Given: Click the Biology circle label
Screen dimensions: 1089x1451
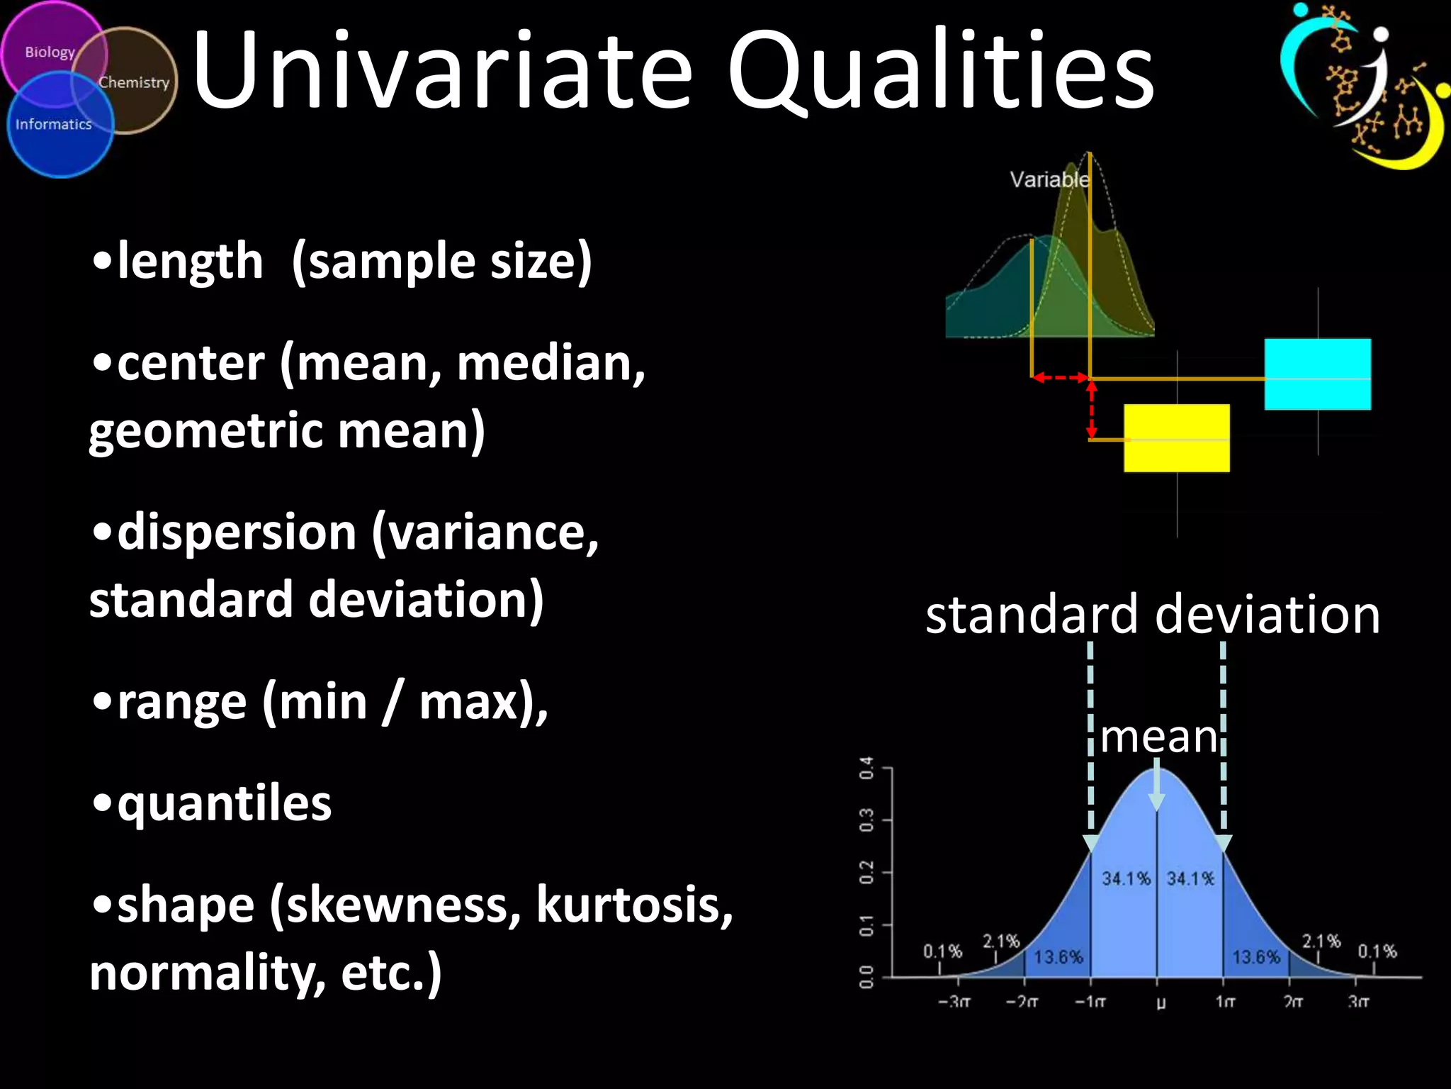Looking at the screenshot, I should (x=50, y=52).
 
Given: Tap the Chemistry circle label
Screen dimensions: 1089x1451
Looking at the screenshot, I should (x=134, y=82).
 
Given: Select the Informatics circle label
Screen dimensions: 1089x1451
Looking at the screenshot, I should (x=54, y=124).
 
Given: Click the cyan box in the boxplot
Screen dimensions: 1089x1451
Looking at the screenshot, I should (x=1317, y=374).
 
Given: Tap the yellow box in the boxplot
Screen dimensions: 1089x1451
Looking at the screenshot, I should (x=1176, y=437).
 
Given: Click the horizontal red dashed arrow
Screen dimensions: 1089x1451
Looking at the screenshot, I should (x=1060, y=378).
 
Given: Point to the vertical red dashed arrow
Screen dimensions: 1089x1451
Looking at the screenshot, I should (x=1092, y=410).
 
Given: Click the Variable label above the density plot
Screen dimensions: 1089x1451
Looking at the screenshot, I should (x=1049, y=179).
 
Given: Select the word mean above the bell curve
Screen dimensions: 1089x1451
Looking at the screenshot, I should (x=1159, y=737).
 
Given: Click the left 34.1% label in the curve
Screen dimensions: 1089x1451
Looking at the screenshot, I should (x=1126, y=878).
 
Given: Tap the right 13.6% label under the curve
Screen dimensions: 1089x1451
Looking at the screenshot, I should (x=1256, y=957).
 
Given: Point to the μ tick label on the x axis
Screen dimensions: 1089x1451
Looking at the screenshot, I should (x=1161, y=1003).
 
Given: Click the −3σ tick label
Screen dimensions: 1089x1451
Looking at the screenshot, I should (x=954, y=1003).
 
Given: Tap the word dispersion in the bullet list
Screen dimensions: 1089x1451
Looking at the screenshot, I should (x=237, y=532).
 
